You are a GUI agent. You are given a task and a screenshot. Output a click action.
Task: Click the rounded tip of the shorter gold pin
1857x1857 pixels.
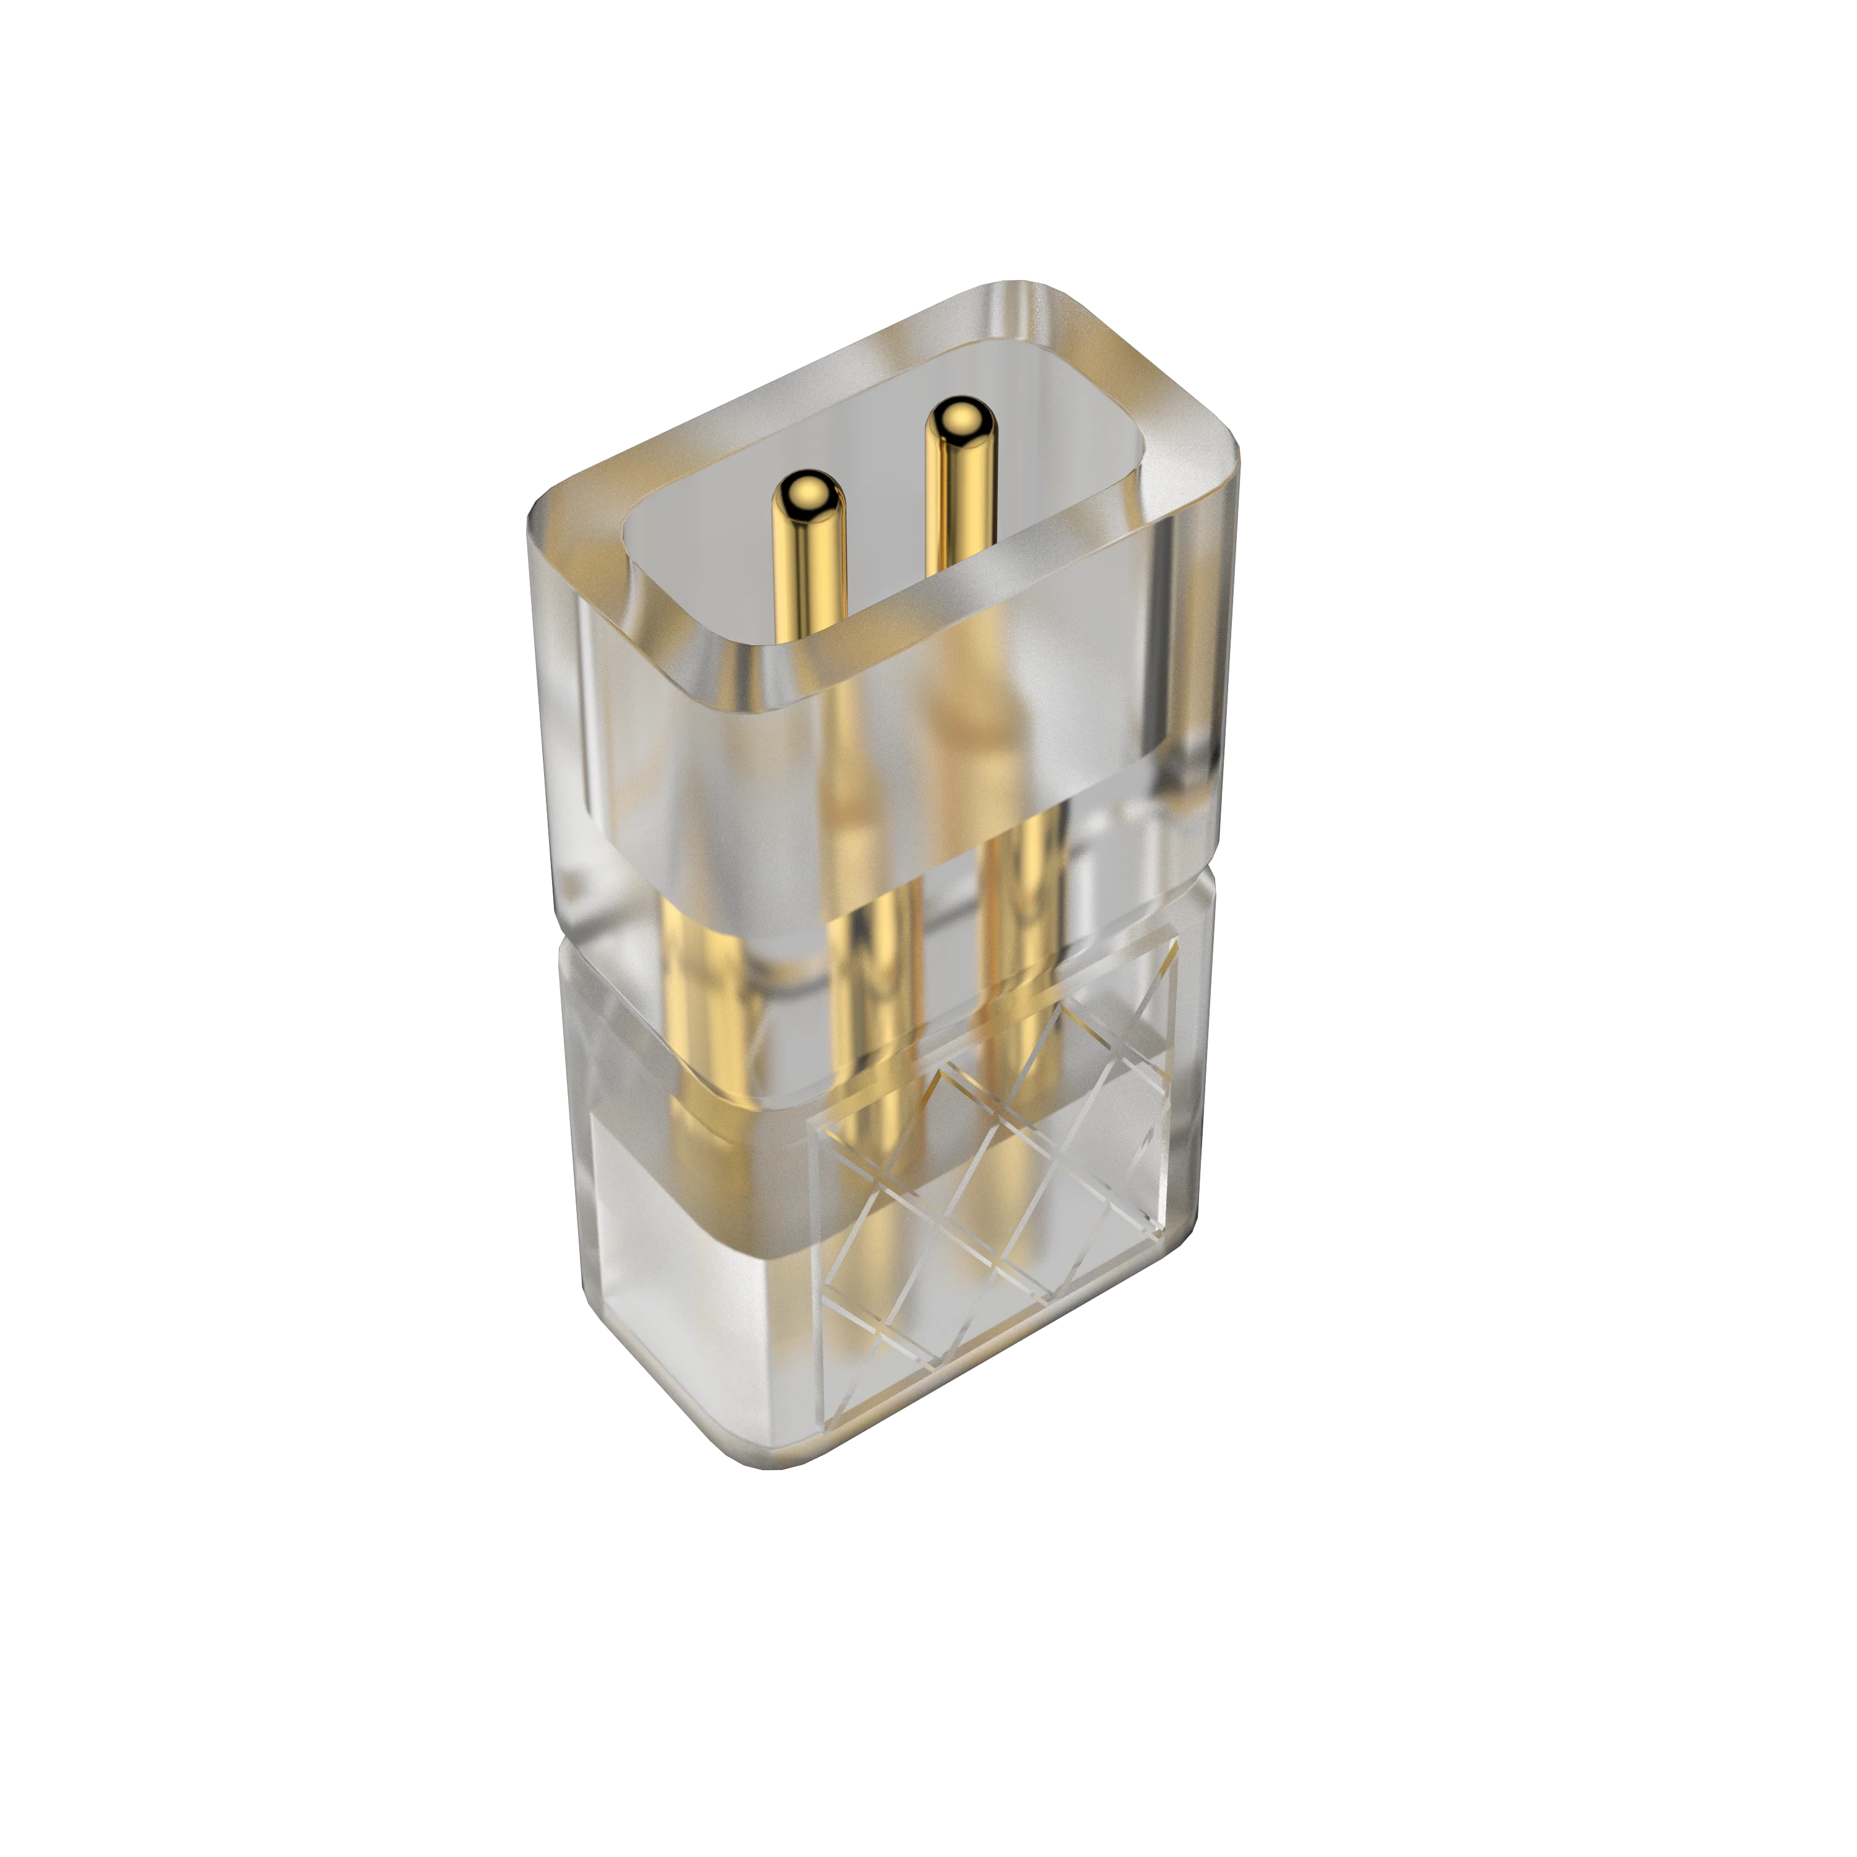pos(809,492)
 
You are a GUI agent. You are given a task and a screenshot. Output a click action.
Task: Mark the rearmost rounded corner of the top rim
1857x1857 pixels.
pos(1019,288)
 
